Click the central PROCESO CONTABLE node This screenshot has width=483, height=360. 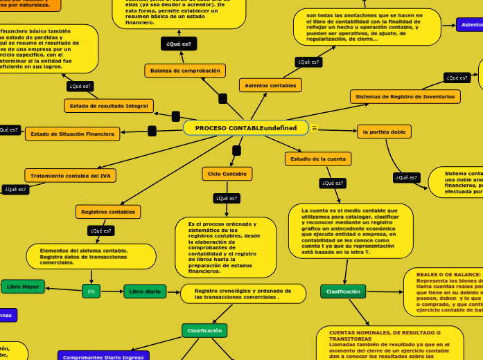pos(245,128)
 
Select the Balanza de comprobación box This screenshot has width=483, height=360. pos(185,71)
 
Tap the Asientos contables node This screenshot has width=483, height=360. pos(270,85)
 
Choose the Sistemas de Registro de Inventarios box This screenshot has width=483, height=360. pos(405,97)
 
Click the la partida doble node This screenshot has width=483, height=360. pos(384,132)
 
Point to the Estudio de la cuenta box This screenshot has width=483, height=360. pos(318,159)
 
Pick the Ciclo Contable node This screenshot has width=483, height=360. pos(227,174)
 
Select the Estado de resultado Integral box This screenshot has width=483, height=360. pos(108,106)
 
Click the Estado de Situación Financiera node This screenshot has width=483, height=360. pos(72,134)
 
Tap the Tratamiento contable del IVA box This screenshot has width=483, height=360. pos(70,176)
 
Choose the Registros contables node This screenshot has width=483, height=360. pos(108,211)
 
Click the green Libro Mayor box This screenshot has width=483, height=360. pos(23,287)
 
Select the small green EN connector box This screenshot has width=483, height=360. pos(91,291)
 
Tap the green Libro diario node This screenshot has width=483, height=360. pos(145,291)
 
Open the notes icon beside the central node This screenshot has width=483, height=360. pos(314,128)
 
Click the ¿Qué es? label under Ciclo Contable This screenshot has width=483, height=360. pos(227,198)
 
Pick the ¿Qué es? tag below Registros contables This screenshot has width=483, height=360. pos(100,231)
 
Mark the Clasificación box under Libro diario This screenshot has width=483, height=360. pos(204,331)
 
